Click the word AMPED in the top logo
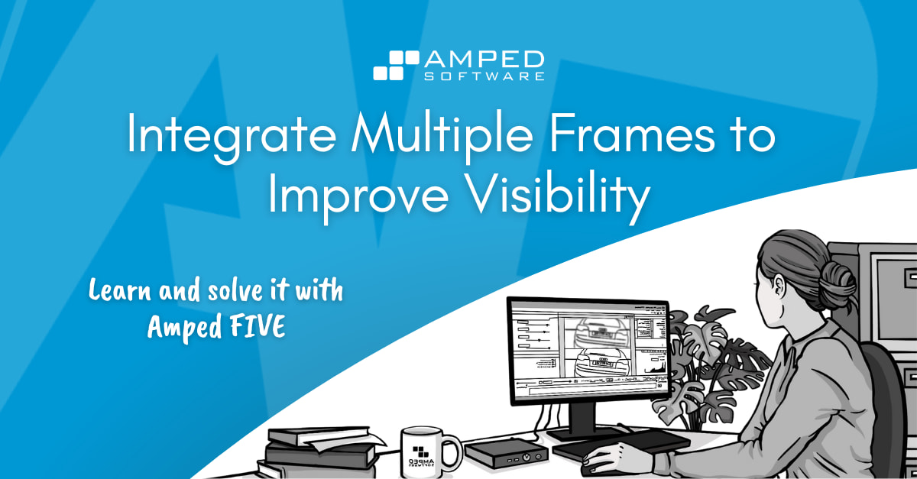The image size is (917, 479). (x=485, y=60)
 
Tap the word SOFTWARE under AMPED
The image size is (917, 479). (x=485, y=76)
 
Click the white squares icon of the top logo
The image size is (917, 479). (x=395, y=65)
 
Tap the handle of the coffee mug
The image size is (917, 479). (x=454, y=450)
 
